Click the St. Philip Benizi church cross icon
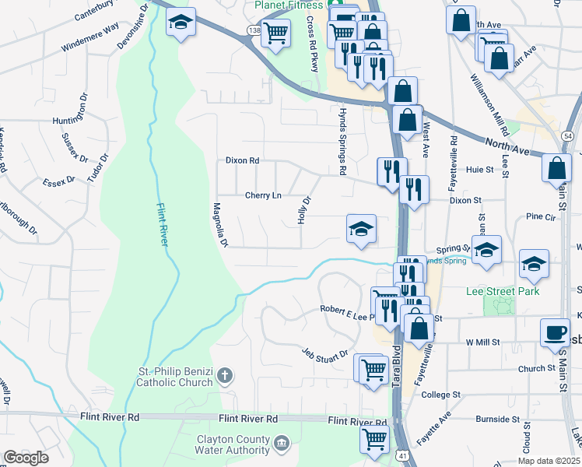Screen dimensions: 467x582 pyautogui.click(x=224, y=376)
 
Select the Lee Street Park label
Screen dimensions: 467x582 pyautogui.click(x=501, y=292)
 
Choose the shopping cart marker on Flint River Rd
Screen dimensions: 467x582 pyautogui.click(x=374, y=437)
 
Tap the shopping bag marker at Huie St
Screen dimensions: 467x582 pyautogui.click(x=557, y=167)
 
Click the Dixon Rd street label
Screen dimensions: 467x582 pyautogui.click(x=241, y=160)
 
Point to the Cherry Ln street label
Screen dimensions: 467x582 pyautogui.click(x=263, y=195)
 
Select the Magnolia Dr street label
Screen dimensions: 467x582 pyautogui.click(x=219, y=225)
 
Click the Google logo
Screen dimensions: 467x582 pyautogui.click(x=26, y=458)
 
